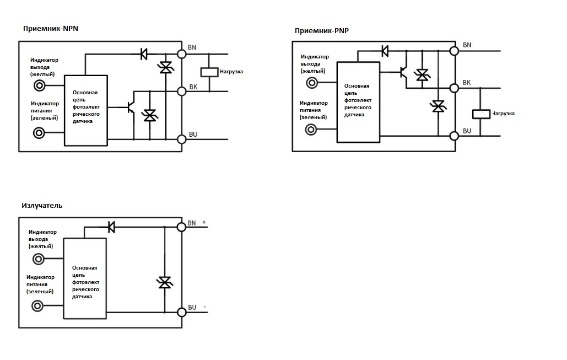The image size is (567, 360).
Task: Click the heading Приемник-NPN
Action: [51, 29]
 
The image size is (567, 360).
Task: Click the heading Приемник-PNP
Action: [321, 30]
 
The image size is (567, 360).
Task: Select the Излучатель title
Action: [42, 206]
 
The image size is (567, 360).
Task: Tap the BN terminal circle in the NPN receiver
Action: [181, 53]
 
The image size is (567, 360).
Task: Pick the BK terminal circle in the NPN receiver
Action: [181, 90]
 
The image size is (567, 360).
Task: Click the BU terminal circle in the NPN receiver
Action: [181, 139]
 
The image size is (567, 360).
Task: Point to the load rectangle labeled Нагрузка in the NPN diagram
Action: [208, 72]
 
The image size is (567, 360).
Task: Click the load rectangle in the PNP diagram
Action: [481, 114]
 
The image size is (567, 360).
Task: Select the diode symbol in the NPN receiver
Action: [143, 53]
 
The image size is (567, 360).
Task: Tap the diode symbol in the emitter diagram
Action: [111, 227]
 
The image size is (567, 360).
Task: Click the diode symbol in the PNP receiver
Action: [385, 51]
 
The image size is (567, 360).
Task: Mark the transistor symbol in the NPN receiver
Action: [131, 106]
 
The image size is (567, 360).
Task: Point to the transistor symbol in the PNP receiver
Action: [403, 72]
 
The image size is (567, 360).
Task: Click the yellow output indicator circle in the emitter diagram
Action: [39, 260]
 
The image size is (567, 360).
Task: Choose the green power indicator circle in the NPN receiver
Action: [40, 133]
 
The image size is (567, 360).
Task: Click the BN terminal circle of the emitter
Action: [181, 227]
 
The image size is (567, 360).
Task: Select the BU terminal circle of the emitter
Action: [181, 313]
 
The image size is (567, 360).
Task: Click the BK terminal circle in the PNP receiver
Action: [455, 88]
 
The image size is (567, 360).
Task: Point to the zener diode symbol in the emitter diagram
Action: [164, 282]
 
